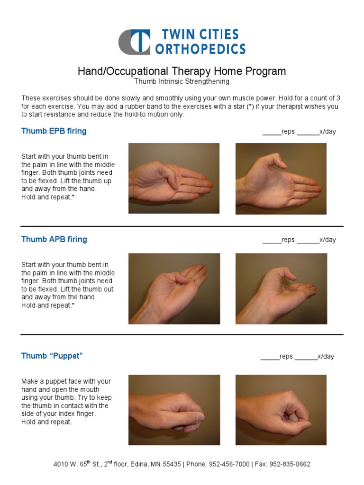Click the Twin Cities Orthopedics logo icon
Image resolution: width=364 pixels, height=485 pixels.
(134, 42)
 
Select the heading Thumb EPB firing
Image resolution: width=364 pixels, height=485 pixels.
(54, 131)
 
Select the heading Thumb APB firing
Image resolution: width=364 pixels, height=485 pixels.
(54, 239)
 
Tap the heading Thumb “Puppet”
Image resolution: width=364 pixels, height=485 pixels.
(52, 356)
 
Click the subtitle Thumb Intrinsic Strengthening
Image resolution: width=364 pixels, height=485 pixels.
(182, 81)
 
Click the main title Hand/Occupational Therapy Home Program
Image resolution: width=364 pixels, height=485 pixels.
(182, 71)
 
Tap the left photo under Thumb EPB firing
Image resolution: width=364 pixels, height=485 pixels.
(174, 178)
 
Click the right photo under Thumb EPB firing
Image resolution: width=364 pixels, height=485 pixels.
(281, 179)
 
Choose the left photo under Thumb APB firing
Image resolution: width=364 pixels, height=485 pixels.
(174, 288)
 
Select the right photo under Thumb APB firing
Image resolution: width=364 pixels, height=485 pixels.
(281, 288)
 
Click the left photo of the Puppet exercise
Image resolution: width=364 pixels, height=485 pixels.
(174, 410)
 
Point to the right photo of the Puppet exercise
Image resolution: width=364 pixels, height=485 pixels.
(281, 410)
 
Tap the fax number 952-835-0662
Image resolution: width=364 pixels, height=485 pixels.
(290, 465)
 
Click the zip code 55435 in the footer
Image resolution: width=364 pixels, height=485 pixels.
(171, 465)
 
